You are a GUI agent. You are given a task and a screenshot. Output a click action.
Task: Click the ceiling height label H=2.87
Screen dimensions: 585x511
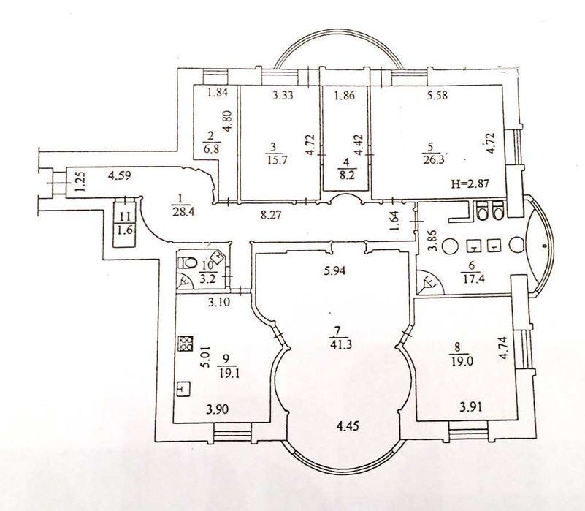coord(470,183)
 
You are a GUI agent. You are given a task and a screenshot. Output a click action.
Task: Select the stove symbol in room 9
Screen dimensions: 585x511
coord(186,344)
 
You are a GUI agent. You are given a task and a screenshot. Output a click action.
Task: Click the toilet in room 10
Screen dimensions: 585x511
coord(188,262)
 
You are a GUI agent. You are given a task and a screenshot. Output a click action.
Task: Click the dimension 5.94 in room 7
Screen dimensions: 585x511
coord(334,269)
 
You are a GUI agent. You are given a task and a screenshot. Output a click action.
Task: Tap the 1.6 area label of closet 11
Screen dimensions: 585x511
coord(125,230)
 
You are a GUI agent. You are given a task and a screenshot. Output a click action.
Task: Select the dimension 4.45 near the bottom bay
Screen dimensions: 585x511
coord(347,425)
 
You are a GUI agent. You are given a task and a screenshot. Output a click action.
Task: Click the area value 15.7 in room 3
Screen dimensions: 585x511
coord(278,160)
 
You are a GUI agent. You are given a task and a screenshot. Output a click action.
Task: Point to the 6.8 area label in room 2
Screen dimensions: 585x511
coord(212,149)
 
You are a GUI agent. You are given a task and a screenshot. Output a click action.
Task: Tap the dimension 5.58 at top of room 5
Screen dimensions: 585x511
coord(437,95)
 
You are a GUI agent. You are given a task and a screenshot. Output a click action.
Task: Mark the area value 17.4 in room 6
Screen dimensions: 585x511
coord(472,279)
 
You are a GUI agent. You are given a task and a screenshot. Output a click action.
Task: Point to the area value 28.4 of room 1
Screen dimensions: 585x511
coord(183,212)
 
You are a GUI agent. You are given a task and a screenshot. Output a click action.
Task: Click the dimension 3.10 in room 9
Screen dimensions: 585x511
coord(219,302)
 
